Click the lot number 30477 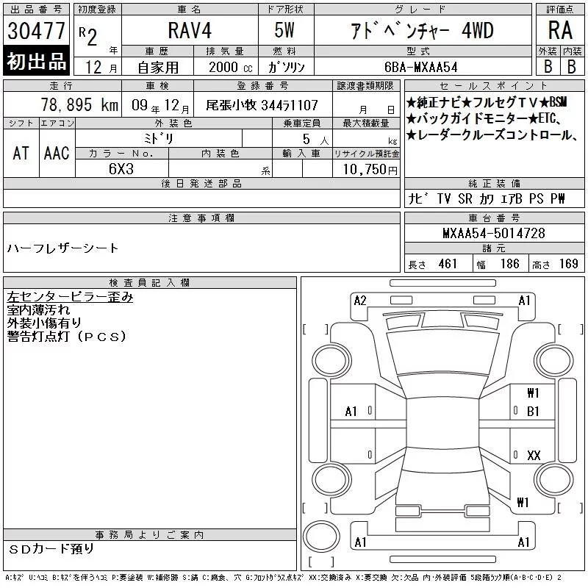(36, 31)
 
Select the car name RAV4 (190, 30)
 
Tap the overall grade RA (560, 30)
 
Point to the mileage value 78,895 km (79, 104)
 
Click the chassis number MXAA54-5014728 (494, 233)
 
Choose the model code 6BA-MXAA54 (420, 67)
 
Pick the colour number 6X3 (121, 169)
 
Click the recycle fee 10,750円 (370, 170)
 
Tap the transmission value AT (21, 153)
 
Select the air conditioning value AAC (57, 153)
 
